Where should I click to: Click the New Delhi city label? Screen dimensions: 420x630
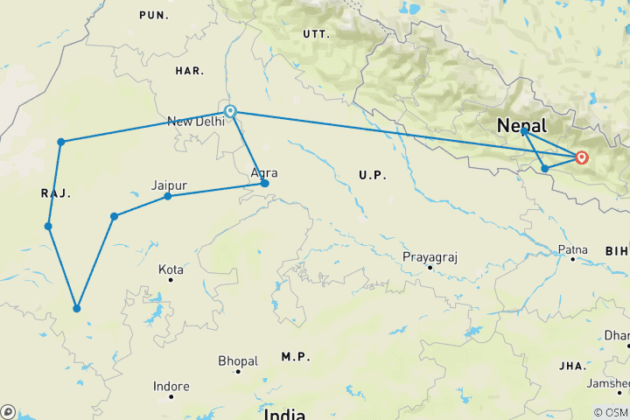point(195,122)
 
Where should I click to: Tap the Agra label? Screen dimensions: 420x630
point(264,173)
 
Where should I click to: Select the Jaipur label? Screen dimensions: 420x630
point(170,185)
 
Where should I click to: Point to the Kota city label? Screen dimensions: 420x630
point(171,269)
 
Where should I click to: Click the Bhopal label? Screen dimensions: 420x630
point(238,360)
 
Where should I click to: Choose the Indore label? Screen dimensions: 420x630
point(171,386)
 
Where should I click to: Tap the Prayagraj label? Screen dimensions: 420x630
point(430,256)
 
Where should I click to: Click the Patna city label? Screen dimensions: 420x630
point(574,251)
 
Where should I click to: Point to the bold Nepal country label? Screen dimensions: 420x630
point(521,125)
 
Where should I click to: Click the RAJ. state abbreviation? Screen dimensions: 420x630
point(54,193)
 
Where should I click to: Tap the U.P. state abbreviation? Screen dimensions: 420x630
point(372,176)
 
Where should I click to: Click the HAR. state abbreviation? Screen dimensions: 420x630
point(188,70)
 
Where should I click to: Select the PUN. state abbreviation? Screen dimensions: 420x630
point(154,15)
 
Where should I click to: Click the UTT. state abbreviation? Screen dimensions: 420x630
point(315,34)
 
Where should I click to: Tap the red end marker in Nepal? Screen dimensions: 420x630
point(581,157)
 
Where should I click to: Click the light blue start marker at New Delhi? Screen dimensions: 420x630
point(230,111)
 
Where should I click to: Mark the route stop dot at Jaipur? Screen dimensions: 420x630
point(168,196)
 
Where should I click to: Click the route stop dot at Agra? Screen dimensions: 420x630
point(265,184)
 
